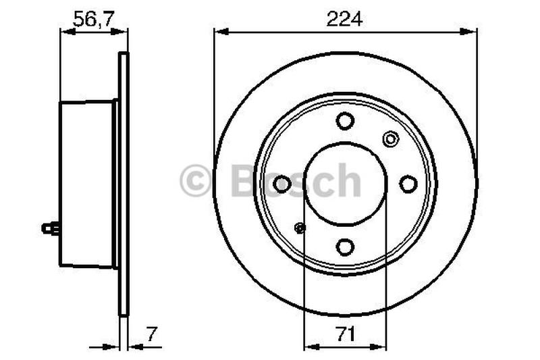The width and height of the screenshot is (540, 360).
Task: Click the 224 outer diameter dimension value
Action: coord(345,20)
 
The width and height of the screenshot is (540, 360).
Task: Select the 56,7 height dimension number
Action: coord(91,20)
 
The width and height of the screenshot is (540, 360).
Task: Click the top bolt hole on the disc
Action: coord(345,122)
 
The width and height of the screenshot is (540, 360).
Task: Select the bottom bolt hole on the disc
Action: coord(345,247)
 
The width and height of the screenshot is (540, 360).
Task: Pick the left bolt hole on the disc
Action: coord(282,184)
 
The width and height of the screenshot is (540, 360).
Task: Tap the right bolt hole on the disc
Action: coord(408,184)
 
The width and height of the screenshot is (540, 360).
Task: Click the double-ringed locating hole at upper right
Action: coord(390,139)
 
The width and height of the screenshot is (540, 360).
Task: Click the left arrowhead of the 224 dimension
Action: coord(218,30)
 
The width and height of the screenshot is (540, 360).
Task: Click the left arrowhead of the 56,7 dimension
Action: coord(65,30)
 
